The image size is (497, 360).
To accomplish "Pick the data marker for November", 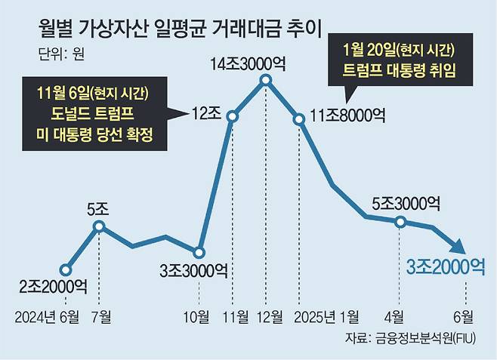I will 233,116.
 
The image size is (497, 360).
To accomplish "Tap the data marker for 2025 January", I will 299,118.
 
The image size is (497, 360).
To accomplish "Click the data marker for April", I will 400,221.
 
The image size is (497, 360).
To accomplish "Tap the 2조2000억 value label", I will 54,287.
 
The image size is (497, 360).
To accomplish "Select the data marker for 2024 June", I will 66,269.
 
